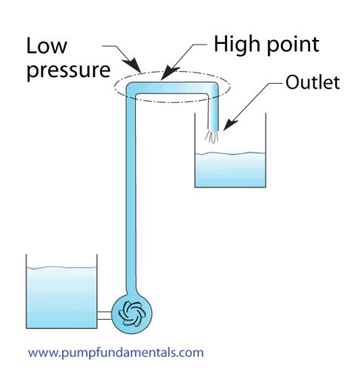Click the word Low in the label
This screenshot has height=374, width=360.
47,46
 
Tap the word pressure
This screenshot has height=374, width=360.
69,70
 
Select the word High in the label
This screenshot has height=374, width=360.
236,45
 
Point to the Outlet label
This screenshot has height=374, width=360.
312,82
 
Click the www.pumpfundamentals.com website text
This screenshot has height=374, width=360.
115,352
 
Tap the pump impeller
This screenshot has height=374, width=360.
131,314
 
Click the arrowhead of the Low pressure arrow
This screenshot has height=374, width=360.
133,66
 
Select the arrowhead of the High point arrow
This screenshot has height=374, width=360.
169,73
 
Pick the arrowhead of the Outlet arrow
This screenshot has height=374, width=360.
229,125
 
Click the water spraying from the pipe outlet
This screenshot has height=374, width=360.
211,137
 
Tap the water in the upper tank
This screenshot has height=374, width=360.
230,170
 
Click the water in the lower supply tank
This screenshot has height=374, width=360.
62,297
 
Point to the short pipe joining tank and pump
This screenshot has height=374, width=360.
104,315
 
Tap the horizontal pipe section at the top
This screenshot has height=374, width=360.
172,88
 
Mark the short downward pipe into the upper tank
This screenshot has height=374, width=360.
213,113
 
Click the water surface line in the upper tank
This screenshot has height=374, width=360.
230,153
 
